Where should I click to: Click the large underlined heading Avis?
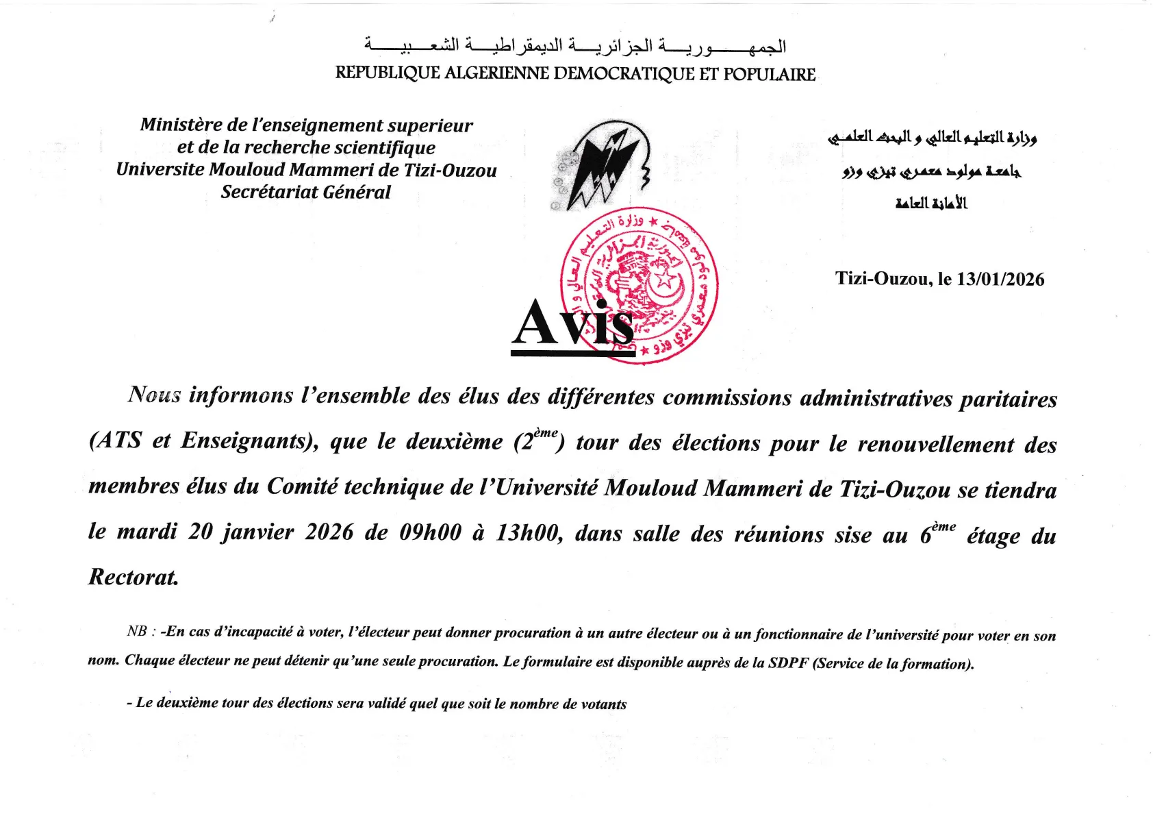[x=574, y=323]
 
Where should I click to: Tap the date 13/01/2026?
[x=1000, y=279]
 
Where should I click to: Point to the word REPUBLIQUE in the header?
[x=387, y=73]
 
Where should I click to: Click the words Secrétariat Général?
[x=305, y=192]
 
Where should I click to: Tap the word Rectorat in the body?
[x=134, y=577]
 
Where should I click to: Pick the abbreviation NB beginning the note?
[x=137, y=631]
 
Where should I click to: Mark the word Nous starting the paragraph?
[x=155, y=395]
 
